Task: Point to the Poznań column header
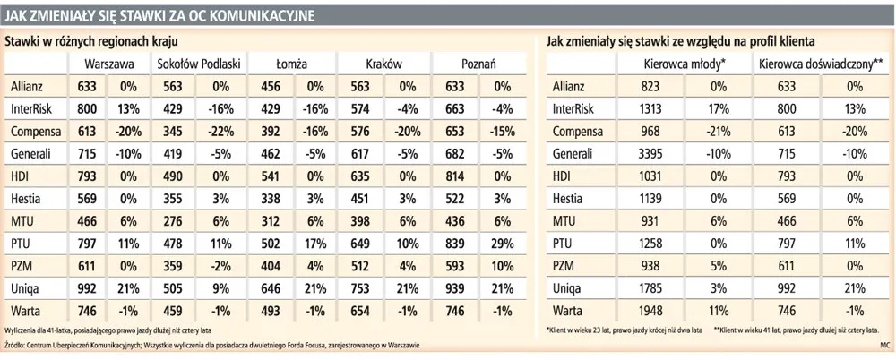[479, 64]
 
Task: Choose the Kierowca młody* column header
[685, 64]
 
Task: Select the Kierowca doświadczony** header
[821, 64]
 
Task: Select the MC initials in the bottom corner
[883, 344]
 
